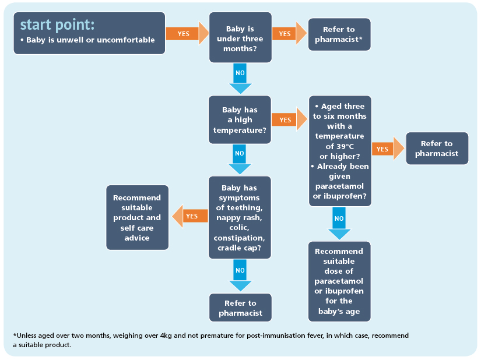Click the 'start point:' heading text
coord(57,25)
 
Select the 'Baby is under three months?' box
coord(240,37)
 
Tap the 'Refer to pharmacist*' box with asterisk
coord(339,34)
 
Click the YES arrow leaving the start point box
coord(187,33)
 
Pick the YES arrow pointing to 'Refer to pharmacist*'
coord(289,33)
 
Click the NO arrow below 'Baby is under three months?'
coord(240,79)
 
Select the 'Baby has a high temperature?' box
coord(240,120)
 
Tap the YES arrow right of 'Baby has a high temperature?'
coord(289,119)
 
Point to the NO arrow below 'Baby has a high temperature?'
coord(240,159)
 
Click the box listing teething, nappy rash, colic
coord(240,217)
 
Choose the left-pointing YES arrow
coord(190,216)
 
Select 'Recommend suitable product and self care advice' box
coord(137,217)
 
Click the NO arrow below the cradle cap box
coord(240,276)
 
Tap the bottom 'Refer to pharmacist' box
coord(240,308)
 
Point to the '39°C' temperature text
coord(343,146)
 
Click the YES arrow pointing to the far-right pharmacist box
coord(388,149)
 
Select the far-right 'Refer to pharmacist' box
coord(437,149)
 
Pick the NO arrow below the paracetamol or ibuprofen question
coord(339,223)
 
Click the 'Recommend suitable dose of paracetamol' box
coord(339,281)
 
